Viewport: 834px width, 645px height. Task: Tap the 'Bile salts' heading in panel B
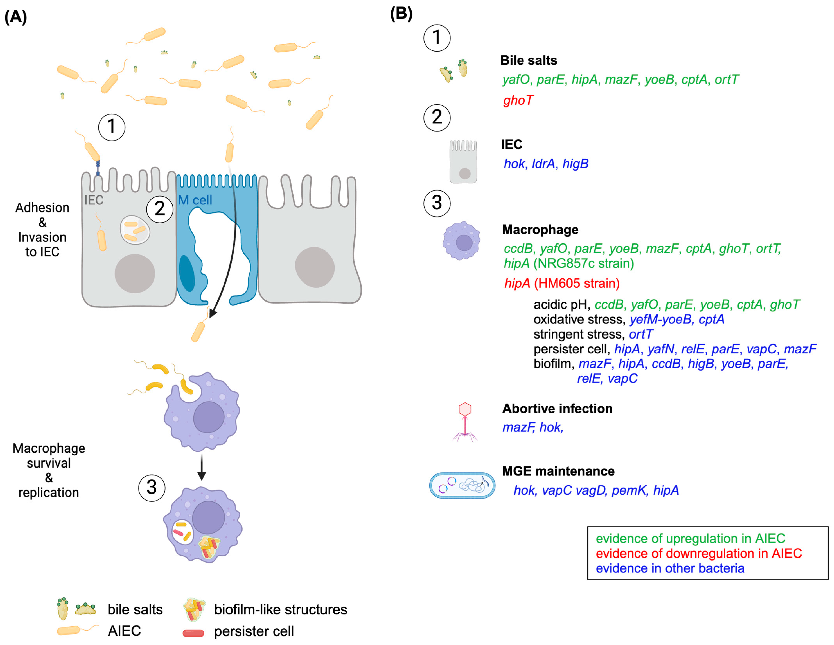point(529,60)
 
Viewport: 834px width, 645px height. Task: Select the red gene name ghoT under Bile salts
point(518,101)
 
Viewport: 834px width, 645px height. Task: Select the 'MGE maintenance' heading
point(558,471)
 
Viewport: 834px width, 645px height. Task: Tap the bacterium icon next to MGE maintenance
point(462,485)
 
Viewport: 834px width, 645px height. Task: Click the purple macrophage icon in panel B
point(461,241)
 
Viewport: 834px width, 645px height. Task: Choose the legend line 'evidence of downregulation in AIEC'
point(698,553)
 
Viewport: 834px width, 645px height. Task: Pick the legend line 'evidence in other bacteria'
point(670,568)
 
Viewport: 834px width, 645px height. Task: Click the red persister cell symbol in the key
point(193,633)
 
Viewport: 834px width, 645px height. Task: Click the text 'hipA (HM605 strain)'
point(562,284)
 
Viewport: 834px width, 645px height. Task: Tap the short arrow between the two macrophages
point(202,467)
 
